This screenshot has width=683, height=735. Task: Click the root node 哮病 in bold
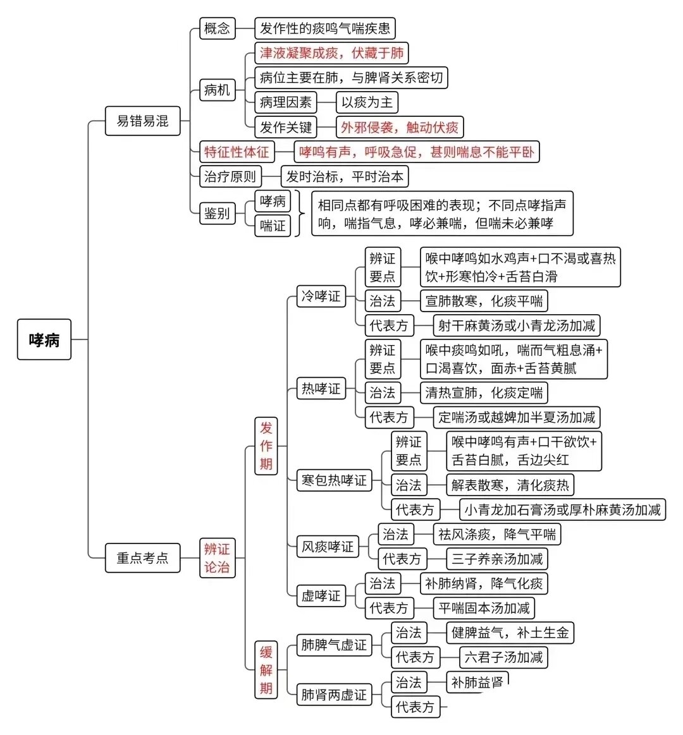pyautogui.click(x=44, y=339)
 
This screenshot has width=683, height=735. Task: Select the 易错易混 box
pyautogui.click(x=142, y=121)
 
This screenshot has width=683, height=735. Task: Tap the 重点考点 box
pyautogui.click(x=142, y=558)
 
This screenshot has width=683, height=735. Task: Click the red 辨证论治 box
pyautogui.click(x=217, y=558)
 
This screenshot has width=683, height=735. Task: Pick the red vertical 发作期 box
pyautogui.click(x=266, y=446)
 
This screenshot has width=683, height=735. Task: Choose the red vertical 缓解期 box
pyautogui.click(x=266, y=670)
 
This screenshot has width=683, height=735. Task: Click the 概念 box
pyautogui.click(x=217, y=28)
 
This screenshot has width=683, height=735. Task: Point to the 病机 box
pyautogui.click(x=217, y=90)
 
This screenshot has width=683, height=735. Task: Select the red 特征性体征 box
pyautogui.click(x=237, y=152)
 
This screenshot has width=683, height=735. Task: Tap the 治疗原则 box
pyautogui.click(x=230, y=177)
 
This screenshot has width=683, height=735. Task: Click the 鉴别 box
pyautogui.click(x=217, y=213)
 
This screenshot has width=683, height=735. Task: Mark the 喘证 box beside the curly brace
pyautogui.click(x=273, y=226)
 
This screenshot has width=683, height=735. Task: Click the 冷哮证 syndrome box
pyautogui.click(x=321, y=296)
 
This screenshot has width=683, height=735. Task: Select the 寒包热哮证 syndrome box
pyautogui.click(x=334, y=480)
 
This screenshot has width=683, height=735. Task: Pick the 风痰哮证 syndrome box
pyautogui.click(x=328, y=547)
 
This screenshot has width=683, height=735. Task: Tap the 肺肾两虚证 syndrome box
pyautogui.click(x=334, y=695)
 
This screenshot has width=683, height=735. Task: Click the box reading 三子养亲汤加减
pyautogui.click(x=497, y=559)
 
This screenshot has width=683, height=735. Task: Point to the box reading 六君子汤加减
pyautogui.click(x=503, y=657)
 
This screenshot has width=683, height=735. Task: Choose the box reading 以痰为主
pyautogui.click(x=367, y=102)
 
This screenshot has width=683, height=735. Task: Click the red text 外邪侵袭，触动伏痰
pyautogui.click(x=400, y=127)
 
